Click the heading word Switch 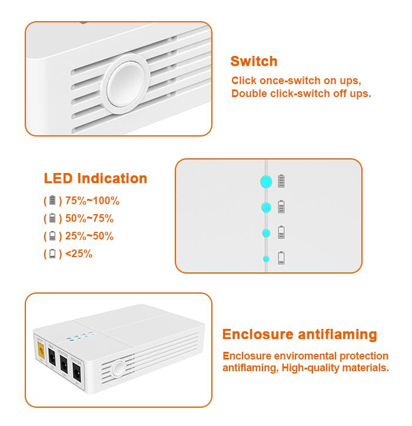tap(254, 61)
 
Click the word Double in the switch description tap(249, 94)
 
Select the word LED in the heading tap(58, 178)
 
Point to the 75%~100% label tap(92, 201)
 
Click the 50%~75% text tap(89, 218)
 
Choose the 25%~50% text tap(89, 236)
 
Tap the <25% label tap(79, 254)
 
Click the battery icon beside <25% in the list tap(52, 254)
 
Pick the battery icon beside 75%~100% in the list tap(52, 200)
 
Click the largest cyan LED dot tap(266, 181)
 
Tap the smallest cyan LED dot tap(266, 259)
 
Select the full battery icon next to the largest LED tap(281, 181)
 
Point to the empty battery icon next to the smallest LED tap(281, 258)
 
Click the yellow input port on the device tap(41, 350)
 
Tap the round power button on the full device tap(118, 369)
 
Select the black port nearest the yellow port tap(52, 356)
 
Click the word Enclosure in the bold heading tap(258, 334)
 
